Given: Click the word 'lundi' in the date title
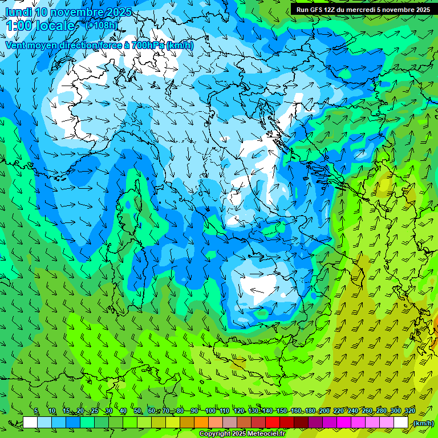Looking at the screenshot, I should [x=18, y=12].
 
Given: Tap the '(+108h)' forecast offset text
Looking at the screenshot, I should [x=101, y=25].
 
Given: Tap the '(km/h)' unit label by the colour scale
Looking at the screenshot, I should [x=423, y=423].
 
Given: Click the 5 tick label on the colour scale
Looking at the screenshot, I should [x=36, y=411].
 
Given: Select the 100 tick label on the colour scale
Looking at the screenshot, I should [x=210, y=411].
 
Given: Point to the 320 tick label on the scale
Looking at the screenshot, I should [x=409, y=411].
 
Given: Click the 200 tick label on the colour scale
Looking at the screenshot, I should [x=325, y=411].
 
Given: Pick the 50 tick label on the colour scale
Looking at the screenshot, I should [x=137, y=411].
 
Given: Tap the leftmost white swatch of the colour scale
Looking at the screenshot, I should [x=30, y=423].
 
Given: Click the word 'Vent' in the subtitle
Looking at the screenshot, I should [x=16, y=45].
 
